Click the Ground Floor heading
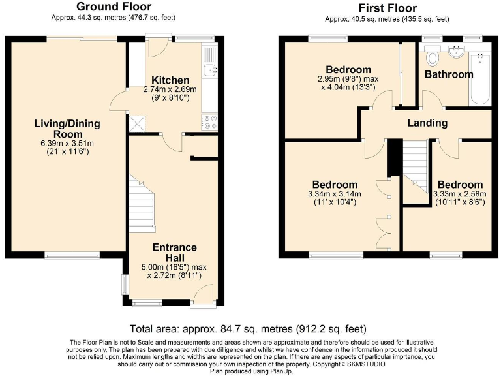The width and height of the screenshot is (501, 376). coord(114,7)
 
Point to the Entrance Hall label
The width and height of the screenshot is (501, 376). coord(174,253)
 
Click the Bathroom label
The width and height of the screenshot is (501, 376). coord(449,74)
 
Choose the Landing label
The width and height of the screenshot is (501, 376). coord(427,123)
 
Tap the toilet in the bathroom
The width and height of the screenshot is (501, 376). coord(432,59)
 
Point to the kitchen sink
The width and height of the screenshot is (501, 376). coord(209,70)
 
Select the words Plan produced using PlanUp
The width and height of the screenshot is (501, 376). coord(250,371)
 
